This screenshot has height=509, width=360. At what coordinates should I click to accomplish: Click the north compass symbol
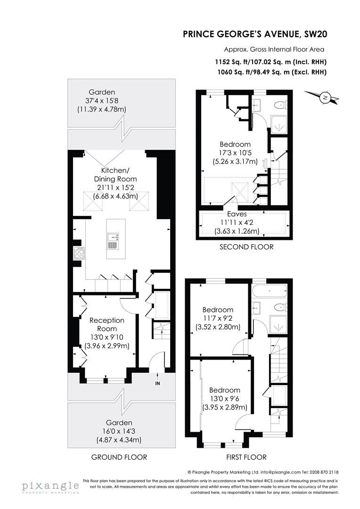325,98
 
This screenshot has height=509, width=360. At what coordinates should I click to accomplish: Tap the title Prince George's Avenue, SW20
255,34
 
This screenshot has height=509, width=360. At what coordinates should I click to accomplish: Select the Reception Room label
107,324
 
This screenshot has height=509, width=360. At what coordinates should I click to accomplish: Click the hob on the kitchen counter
79,254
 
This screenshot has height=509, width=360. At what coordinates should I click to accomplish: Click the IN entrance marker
157,383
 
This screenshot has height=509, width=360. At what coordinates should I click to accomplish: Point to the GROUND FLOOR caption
119,457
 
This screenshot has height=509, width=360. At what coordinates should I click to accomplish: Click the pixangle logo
50,486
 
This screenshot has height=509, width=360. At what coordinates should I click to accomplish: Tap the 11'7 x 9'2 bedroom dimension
218,318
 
